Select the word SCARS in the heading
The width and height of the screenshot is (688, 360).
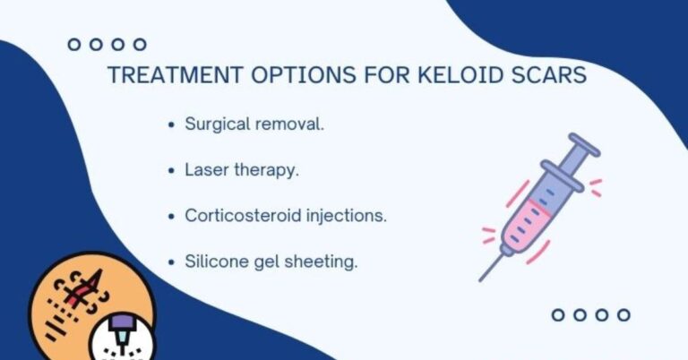coord(547,75)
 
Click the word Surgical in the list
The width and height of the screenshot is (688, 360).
coord(216,124)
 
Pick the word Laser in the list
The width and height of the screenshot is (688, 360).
coord(205,170)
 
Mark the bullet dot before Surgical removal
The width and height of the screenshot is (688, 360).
coord(171,125)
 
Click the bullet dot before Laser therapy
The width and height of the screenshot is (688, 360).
coord(171,171)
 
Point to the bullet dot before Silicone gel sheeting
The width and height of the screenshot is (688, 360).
coord(171,262)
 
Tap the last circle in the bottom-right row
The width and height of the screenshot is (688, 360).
coord(623,314)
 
